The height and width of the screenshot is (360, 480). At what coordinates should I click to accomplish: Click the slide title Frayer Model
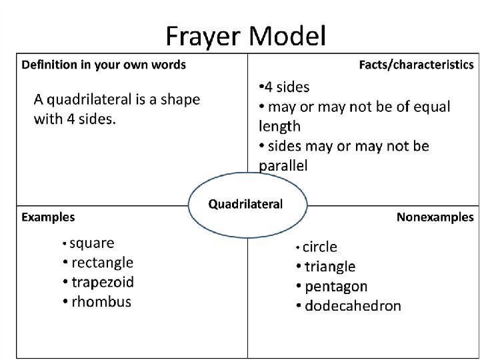coord(246,35)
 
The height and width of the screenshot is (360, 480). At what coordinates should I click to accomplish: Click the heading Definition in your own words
coord(104,65)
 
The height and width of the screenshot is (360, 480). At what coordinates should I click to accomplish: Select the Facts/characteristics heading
coord(416,65)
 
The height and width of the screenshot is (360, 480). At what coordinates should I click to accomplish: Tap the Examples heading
coord(48,217)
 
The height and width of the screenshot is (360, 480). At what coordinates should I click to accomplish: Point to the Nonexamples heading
coord(435,217)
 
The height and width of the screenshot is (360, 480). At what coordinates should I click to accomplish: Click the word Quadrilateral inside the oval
coord(246,203)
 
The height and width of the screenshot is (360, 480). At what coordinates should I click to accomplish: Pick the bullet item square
coord(92,243)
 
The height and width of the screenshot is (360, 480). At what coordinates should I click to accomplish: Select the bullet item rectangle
coord(102,263)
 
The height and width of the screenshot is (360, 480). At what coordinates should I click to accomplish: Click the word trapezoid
coord(103,282)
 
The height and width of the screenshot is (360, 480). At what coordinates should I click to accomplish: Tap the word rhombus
coord(101,301)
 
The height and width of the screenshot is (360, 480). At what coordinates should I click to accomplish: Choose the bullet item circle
coord(320,247)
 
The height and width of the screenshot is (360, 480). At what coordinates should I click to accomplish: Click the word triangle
coord(330,267)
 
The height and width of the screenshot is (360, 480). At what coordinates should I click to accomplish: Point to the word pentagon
coord(336,287)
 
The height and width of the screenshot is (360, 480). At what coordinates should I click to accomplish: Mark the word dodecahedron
coord(353,306)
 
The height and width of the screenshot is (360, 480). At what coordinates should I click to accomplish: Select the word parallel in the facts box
coord(283,165)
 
